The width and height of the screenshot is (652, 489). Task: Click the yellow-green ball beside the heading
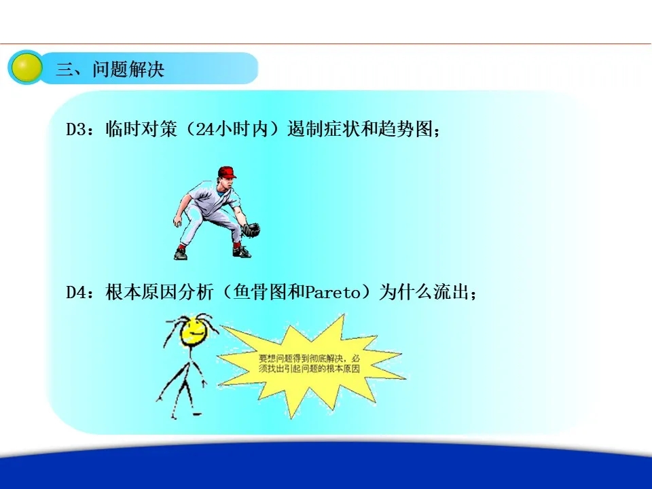coord(26,67)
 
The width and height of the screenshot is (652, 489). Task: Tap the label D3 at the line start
coord(76,129)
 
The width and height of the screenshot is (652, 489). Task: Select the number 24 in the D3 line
coord(204,129)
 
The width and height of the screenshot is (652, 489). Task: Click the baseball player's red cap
coord(227,172)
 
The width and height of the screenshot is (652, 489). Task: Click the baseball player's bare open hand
coord(177,221)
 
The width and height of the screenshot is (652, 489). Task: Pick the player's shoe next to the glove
coord(242,252)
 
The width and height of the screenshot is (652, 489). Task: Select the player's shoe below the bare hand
coord(181,253)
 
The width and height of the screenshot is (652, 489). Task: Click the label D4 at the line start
coord(76,292)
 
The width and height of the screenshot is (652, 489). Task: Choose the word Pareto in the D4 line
coord(333,292)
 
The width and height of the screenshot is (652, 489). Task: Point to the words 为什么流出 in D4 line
coord(423,292)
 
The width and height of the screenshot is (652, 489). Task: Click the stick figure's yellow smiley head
coord(194,331)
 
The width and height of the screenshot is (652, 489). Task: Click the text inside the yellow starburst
coord(309,363)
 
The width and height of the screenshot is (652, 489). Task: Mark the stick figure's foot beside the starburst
coord(197,414)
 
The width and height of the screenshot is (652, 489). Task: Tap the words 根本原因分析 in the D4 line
coord(159,292)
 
